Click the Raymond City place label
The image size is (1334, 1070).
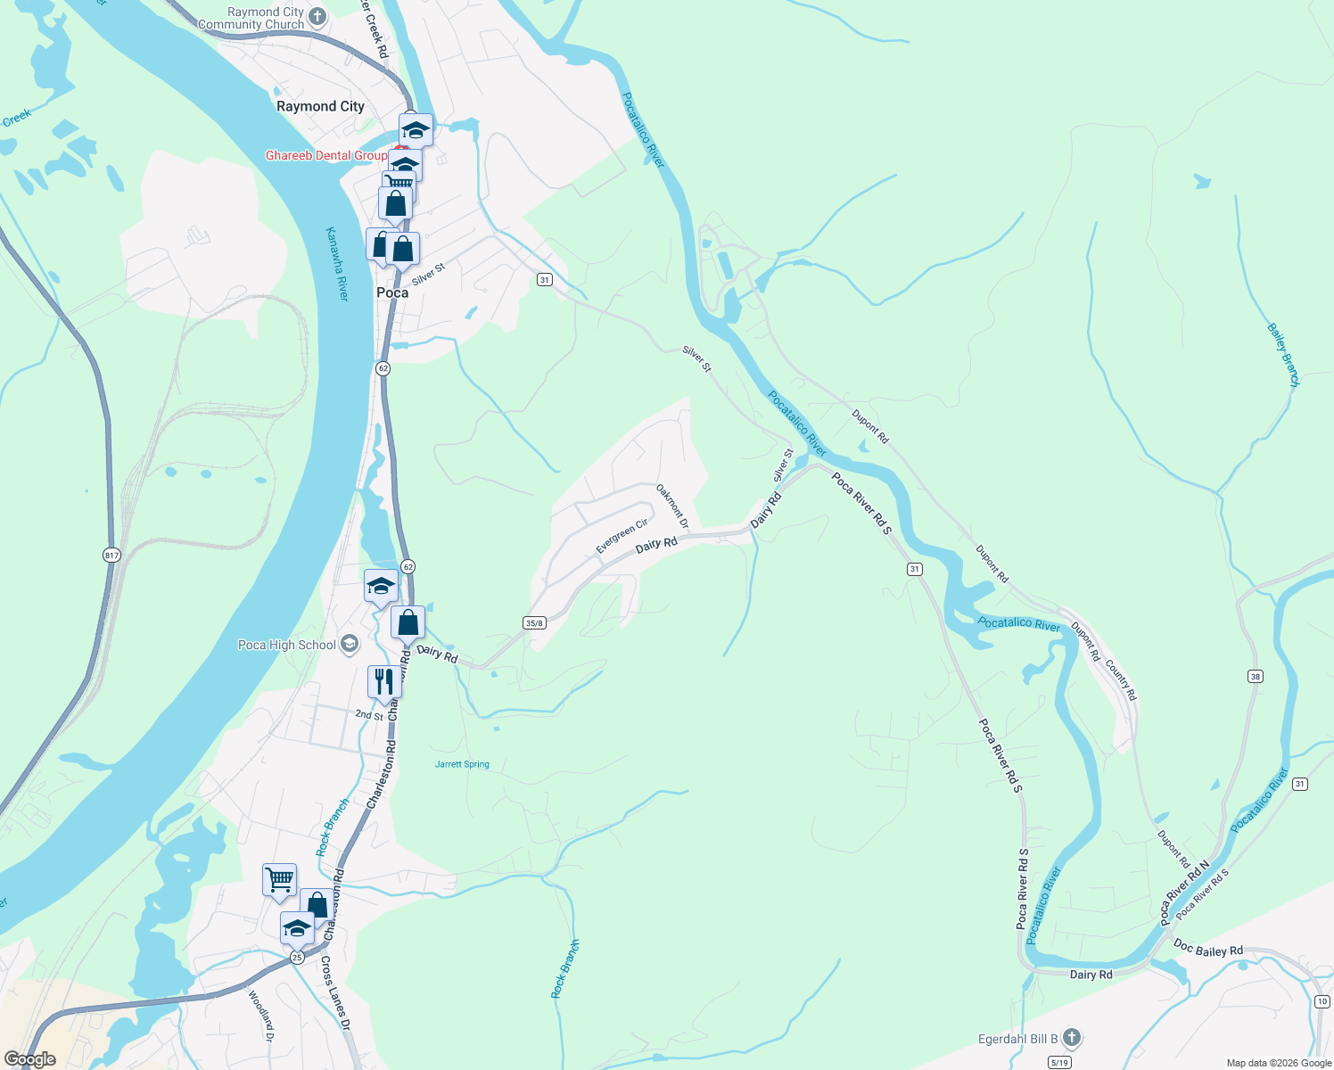(x=320, y=106)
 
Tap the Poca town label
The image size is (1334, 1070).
(x=392, y=292)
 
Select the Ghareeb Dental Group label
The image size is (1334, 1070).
(x=326, y=155)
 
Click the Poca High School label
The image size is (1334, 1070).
(x=287, y=645)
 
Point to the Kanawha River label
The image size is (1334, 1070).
(x=337, y=263)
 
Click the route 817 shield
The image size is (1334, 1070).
(x=111, y=555)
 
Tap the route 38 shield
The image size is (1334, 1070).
(x=1256, y=677)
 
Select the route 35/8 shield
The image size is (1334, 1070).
(x=534, y=622)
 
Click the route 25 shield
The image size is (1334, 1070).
(x=297, y=957)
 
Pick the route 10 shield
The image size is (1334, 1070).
(x=1322, y=1002)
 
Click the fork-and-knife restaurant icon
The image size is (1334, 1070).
(x=383, y=681)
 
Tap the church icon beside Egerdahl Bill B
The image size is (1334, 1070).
(x=1072, y=1038)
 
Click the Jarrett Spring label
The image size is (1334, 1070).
(x=462, y=764)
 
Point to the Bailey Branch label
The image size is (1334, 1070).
(x=1283, y=355)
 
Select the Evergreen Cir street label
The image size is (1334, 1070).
(x=622, y=537)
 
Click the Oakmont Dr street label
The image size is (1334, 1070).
(x=672, y=506)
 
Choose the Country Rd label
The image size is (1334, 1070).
(x=1121, y=679)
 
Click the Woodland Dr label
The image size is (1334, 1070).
(x=260, y=1016)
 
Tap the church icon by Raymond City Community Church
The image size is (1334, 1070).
(x=317, y=17)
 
